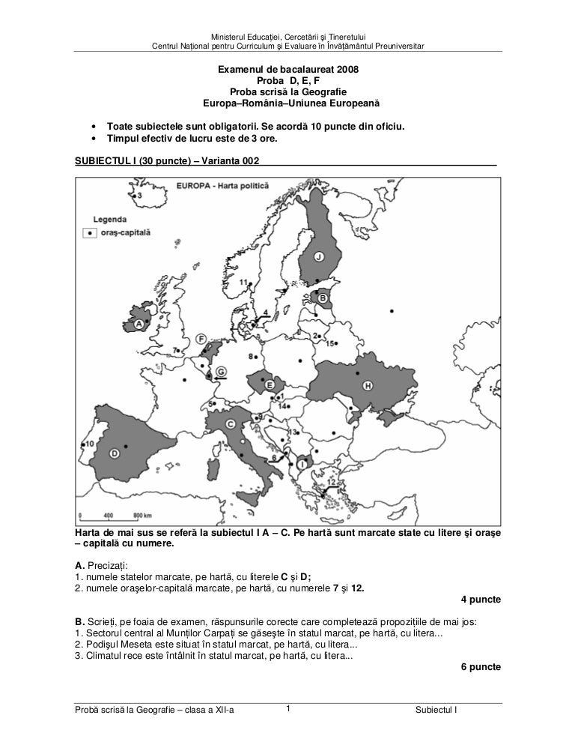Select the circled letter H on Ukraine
(x=367, y=385)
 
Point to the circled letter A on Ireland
(x=139, y=325)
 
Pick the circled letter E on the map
(x=269, y=384)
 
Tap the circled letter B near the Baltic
(x=323, y=298)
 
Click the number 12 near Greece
(x=320, y=482)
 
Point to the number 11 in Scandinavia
(x=244, y=282)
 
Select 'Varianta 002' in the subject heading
(x=227, y=160)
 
